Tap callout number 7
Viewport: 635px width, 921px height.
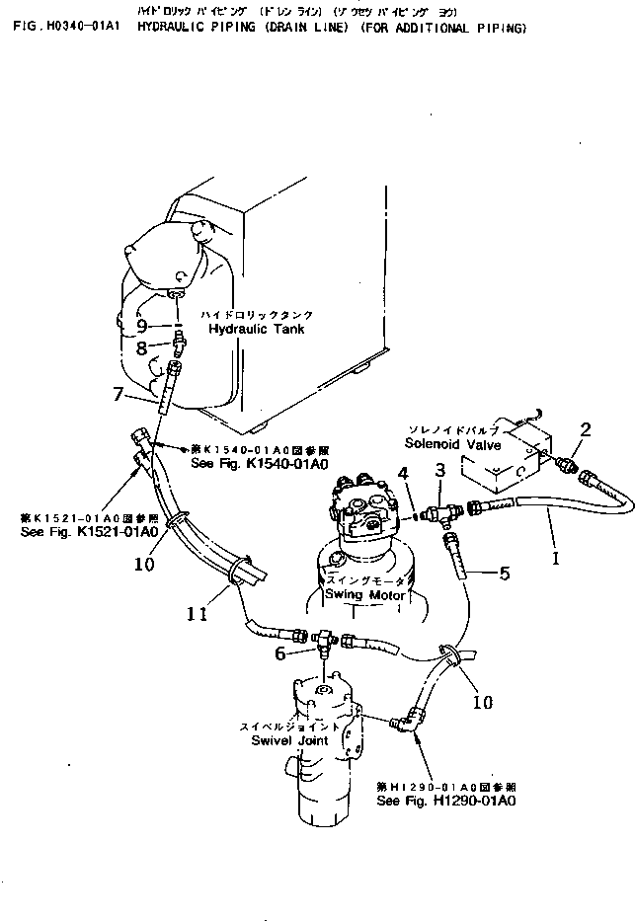(x=119, y=395)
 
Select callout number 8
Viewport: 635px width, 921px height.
(x=141, y=347)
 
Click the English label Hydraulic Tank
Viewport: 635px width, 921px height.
(x=257, y=328)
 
